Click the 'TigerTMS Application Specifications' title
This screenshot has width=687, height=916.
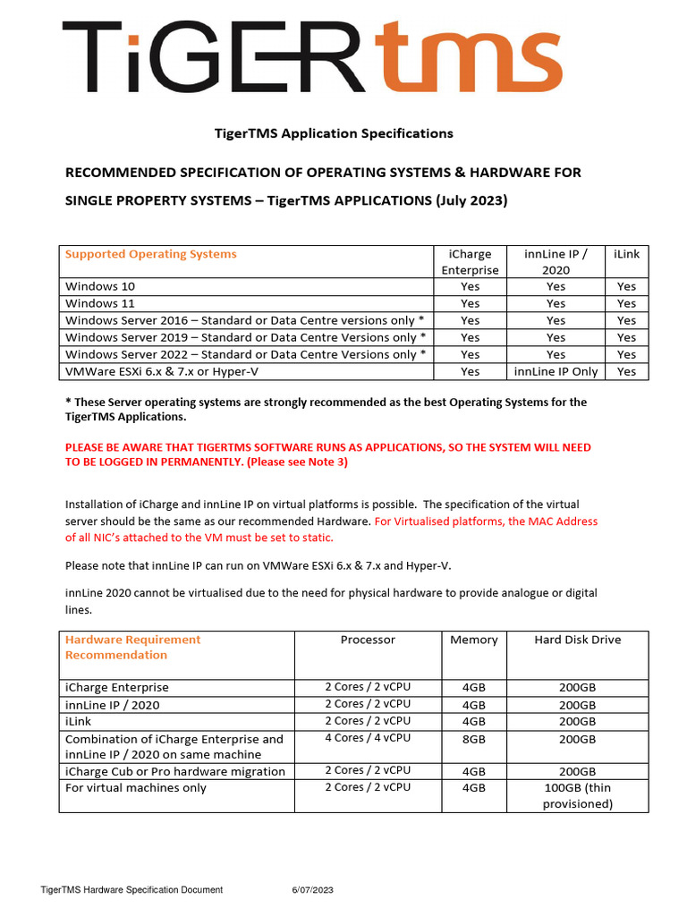pyautogui.click(x=334, y=133)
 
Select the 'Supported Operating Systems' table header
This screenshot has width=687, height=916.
pyautogui.click(x=151, y=254)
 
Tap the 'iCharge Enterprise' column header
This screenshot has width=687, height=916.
pyautogui.click(x=470, y=262)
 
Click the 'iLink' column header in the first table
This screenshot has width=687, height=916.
pyautogui.click(x=626, y=254)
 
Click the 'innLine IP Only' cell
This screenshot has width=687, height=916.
pyautogui.click(x=556, y=371)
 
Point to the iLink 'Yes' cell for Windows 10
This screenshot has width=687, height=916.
pyautogui.click(x=626, y=286)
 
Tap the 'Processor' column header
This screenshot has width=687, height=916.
pyautogui.click(x=368, y=640)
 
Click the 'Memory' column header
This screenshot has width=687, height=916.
pyautogui.click(x=473, y=640)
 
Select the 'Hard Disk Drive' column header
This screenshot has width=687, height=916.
pyautogui.click(x=577, y=640)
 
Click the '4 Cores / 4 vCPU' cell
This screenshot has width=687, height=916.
pyautogui.click(x=368, y=738)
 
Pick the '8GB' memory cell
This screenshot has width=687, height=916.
pyautogui.click(x=473, y=739)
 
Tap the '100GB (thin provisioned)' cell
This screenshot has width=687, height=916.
pyautogui.click(x=577, y=795)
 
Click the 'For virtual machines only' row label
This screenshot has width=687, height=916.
pyautogui.click(x=136, y=788)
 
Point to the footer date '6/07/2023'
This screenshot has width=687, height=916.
pyautogui.click(x=312, y=890)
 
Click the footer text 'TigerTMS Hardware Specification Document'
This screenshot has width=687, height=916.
pyautogui.click(x=131, y=890)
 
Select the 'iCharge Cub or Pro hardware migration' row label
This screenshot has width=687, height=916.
pyautogui.click(x=175, y=771)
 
